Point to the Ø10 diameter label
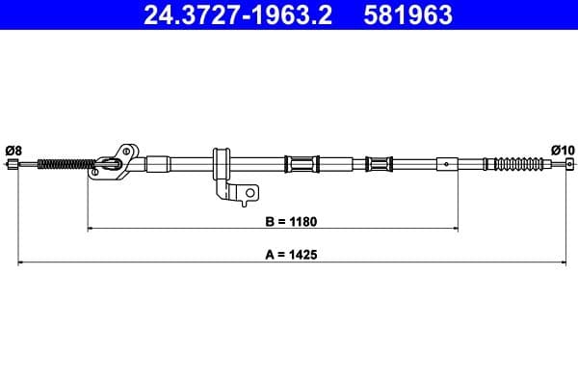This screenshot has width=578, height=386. [x=563, y=150]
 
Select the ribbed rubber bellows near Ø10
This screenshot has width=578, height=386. [x=515, y=163]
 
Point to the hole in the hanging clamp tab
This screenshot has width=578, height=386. [x=250, y=194]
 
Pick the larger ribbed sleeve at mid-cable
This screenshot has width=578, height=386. [x=302, y=163]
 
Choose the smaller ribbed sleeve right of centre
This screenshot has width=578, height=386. [x=380, y=163]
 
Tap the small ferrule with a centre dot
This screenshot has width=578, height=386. [x=448, y=163]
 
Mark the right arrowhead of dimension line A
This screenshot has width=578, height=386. [x=565, y=262]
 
